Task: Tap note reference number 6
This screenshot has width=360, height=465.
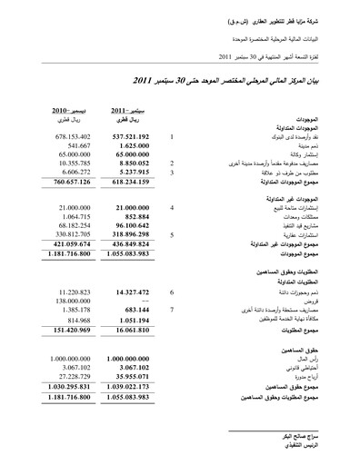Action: click(x=172, y=293)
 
